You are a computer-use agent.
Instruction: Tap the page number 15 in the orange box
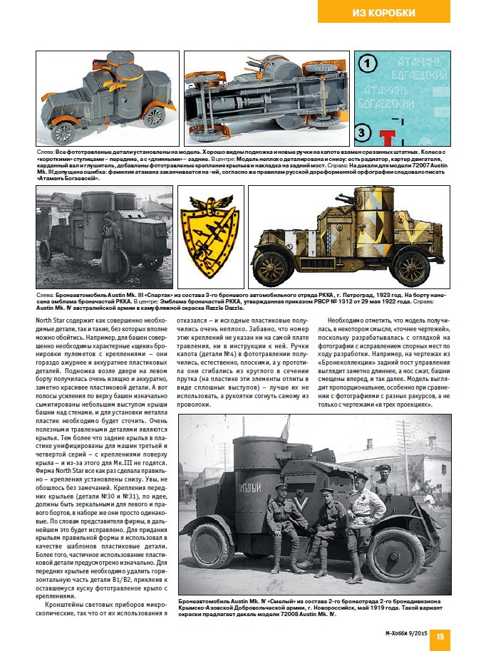(x=440, y=636)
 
